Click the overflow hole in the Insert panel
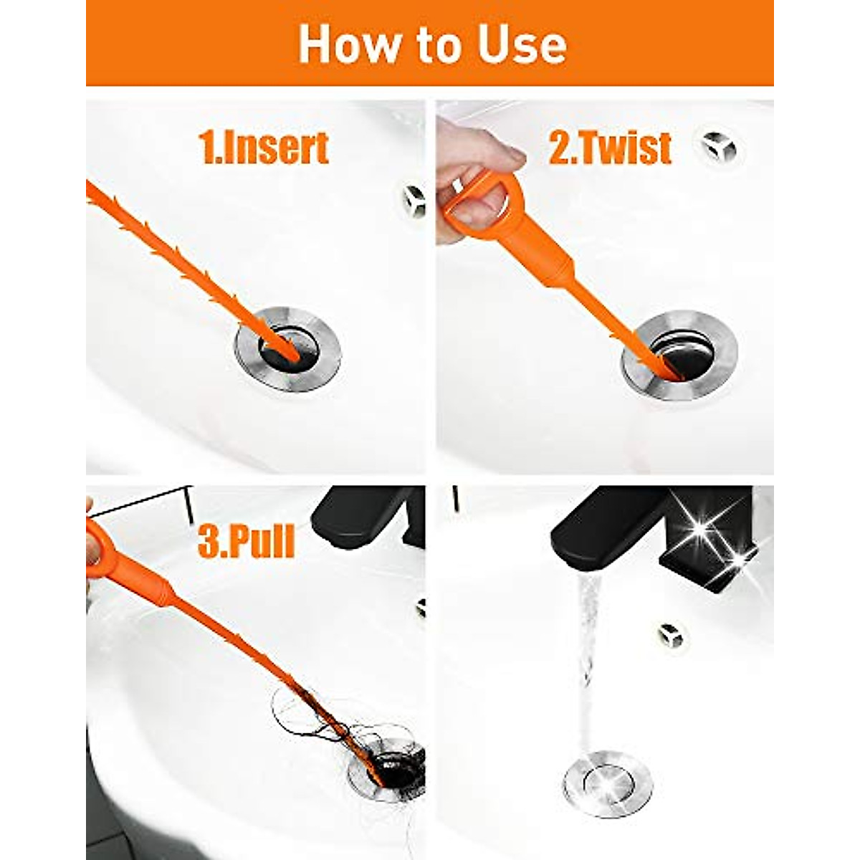[414, 200]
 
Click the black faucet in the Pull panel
[369, 516]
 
